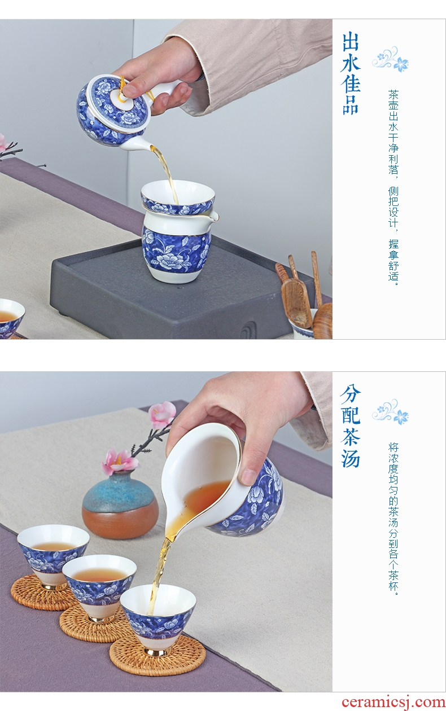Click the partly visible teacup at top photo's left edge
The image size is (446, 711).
tap(12, 317)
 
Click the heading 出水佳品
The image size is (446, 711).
tap(351, 73)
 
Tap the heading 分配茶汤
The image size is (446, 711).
tap(351, 426)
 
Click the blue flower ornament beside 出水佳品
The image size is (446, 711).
tap(391, 59)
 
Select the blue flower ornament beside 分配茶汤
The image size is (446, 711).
tap(391, 412)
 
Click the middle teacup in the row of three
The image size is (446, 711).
tap(99, 582)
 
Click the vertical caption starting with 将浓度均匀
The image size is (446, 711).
tap(393, 513)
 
